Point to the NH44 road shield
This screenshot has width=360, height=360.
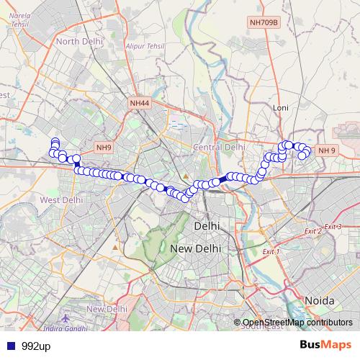(140, 104)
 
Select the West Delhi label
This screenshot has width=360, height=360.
(61, 199)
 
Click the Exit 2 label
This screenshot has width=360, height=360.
(312, 231)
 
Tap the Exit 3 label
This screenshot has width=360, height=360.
(333, 227)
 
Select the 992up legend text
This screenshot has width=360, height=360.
(35, 346)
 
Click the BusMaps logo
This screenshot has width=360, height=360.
(325, 345)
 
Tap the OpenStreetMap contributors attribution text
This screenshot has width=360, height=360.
(297, 322)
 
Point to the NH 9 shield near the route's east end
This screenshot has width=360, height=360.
(327, 150)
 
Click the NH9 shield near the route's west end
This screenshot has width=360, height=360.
(104, 148)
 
